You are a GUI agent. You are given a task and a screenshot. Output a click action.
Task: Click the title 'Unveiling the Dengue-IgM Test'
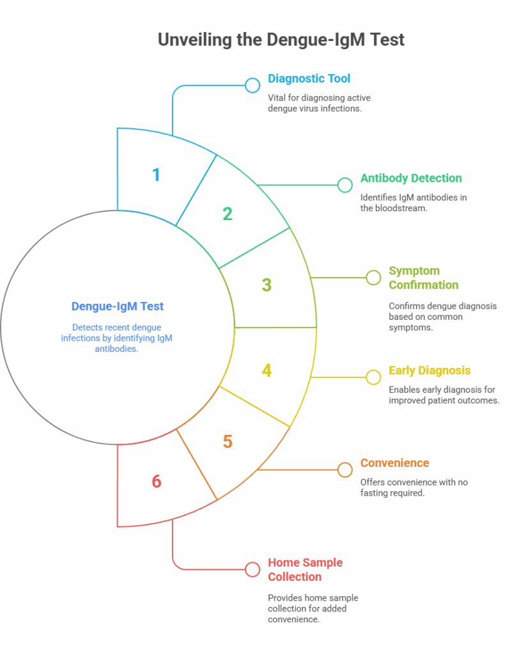pyautogui.click(x=281, y=40)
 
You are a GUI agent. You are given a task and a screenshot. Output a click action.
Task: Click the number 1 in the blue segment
pyautogui.click(x=156, y=175)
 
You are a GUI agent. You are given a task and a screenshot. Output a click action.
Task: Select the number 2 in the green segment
pyautogui.click(x=228, y=214)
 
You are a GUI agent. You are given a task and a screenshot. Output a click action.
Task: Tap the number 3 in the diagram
pyautogui.click(x=267, y=285)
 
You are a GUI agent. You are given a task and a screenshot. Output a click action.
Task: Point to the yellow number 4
pyautogui.click(x=267, y=370)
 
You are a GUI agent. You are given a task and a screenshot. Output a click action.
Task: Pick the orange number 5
pyautogui.click(x=228, y=441)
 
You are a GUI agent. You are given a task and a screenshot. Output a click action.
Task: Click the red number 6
pyautogui.click(x=156, y=481)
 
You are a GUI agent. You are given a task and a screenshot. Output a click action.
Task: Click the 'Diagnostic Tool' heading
pyautogui.click(x=309, y=79)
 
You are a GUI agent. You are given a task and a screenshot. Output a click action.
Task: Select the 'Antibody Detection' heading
pyautogui.click(x=411, y=178)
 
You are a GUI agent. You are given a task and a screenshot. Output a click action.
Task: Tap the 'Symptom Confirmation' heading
pyautogui.click(x=423, y=278)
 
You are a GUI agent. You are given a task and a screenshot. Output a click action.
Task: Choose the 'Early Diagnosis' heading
pyautogui.click(x=430, y=370)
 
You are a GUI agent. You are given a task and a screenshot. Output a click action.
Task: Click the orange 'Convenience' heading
pyautogui.click(x=394, y=462)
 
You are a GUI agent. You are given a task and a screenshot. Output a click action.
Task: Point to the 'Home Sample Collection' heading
pyautogui.click(x=305, y=569)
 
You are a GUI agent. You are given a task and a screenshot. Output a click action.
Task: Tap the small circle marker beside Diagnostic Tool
pyautogui.click(x=253, y=86)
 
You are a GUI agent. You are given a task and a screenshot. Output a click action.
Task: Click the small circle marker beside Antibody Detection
pyautogui.click(x=345, y=185)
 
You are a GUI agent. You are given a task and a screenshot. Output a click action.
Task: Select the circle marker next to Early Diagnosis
pyautogui.click(x=373, y=377)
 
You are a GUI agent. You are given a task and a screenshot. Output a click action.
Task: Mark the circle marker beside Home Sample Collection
pyautogui.click(x=253, y=569)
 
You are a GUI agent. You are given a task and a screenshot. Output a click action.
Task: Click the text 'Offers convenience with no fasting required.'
pyautogui.click(x=414, y=487)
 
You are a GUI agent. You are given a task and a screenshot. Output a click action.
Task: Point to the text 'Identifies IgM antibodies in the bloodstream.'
pyautogui.click(x=413, y=203)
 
